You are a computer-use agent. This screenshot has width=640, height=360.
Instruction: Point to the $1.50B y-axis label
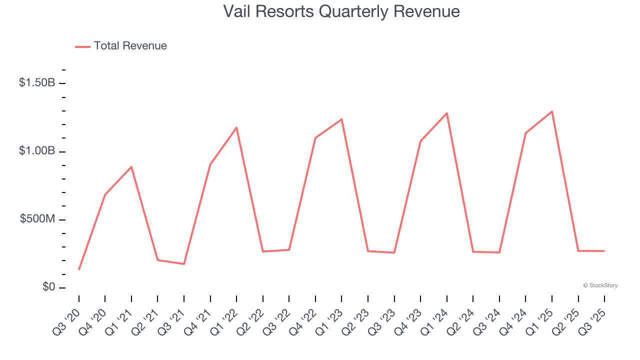point(37,83)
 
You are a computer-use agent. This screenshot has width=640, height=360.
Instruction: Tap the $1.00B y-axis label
point(37,151)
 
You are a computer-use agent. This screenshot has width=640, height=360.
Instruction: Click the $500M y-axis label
point(37,219)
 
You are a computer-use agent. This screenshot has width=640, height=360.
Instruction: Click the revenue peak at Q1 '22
point(236,128)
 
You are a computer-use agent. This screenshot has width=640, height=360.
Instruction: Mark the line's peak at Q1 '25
point(552,111)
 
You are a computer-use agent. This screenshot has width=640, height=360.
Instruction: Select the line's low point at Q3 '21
point(184,264)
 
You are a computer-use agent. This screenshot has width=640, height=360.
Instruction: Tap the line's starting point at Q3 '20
point(79,269)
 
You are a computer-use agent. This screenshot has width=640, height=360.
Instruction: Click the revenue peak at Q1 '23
point(341,119)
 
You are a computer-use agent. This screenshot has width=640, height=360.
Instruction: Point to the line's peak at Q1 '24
point(446,113)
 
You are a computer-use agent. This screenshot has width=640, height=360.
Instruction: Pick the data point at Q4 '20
point(105,194)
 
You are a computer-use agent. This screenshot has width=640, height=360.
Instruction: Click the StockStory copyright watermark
point(600,285)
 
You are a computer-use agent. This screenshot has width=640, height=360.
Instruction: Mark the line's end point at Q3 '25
point(604,251)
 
